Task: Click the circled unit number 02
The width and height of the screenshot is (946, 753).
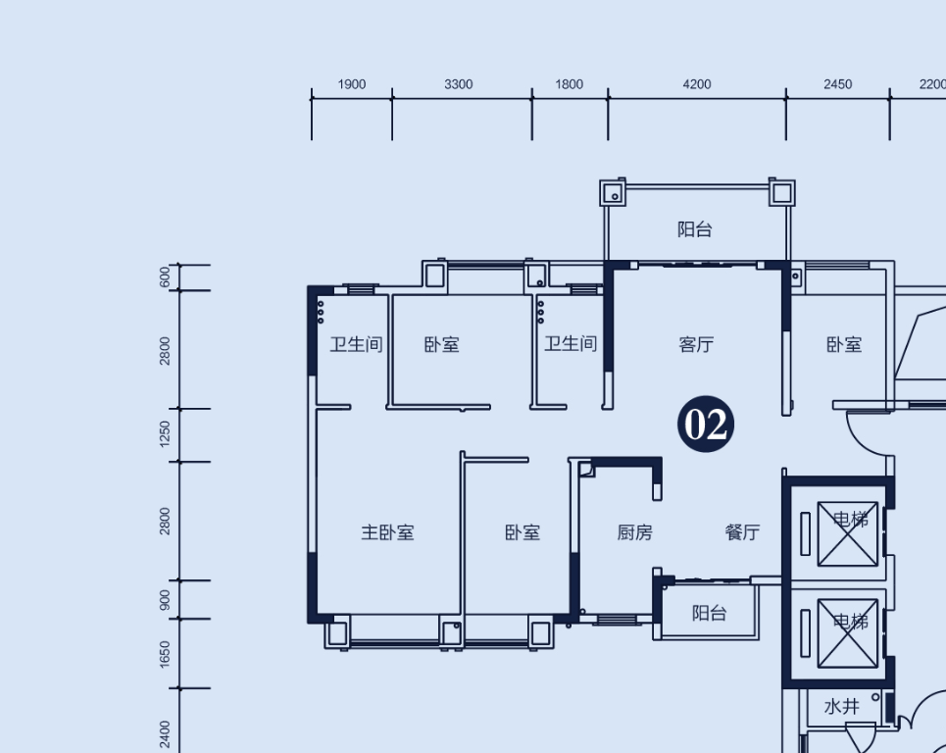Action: click(705, 425)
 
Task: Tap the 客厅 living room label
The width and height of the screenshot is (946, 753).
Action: click(696, 344)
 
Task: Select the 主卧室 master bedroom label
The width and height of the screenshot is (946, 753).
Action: click(387, 532)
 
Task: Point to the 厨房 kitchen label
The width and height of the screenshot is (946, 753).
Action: click(634, 532)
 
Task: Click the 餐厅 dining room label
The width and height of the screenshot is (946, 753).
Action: click(742, 532)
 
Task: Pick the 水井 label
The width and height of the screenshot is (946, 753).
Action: click(842, 706)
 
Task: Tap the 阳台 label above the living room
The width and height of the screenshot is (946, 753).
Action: click(694, 229)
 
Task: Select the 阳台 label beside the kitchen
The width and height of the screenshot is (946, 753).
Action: click(709, 613)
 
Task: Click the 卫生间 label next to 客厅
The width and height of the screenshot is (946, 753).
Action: click(571, 344)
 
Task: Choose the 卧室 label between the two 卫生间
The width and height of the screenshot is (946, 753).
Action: click(441, 344)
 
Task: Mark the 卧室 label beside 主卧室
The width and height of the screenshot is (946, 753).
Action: click(523, 532)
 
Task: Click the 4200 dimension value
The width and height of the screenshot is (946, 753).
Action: click(697, 84)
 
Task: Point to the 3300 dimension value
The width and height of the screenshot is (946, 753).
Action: click(459, 84)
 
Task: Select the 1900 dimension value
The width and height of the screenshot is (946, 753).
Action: click(352, 84)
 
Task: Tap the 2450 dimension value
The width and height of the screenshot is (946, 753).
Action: click(838, 84)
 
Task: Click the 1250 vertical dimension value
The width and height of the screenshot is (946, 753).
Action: click(165, 434)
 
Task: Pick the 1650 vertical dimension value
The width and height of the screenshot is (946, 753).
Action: click(165, 654)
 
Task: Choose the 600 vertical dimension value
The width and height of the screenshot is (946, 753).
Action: click(165, 277)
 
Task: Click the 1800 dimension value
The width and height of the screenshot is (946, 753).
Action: click(569, 84)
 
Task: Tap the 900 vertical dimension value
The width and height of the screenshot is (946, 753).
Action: click(165, 600)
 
